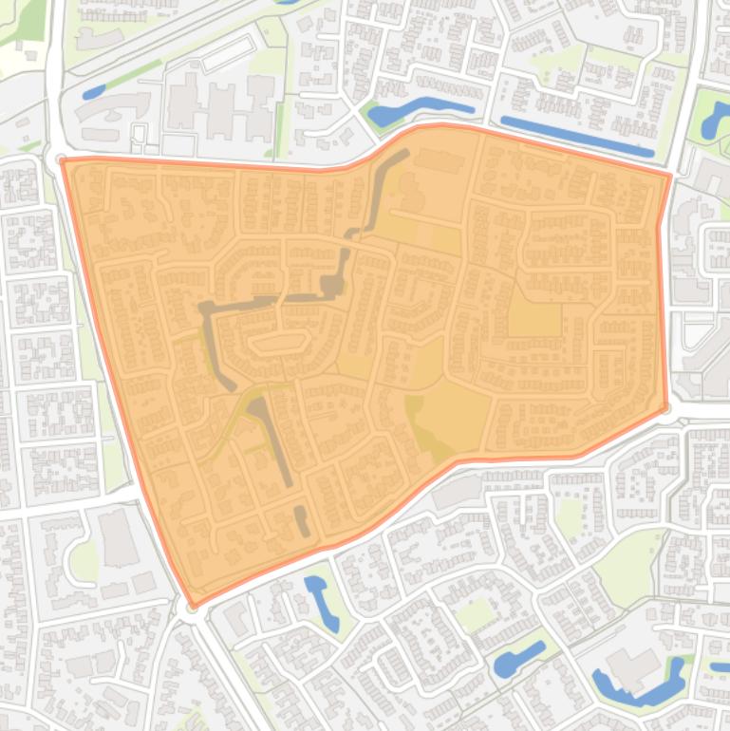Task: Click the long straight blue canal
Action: click(576, 136)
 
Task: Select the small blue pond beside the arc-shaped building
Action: click(94, 92)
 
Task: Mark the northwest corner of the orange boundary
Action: click(63, 160)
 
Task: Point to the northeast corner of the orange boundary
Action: click(670, 175)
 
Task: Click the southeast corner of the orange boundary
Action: click(666, 408)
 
